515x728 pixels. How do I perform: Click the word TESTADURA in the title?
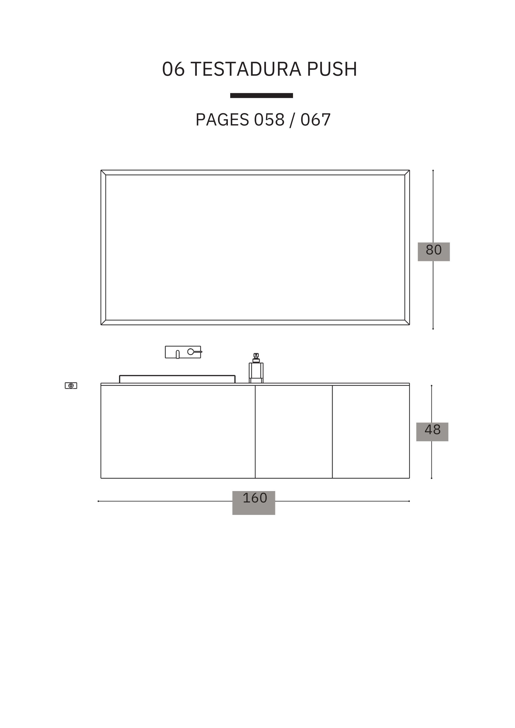tap(246, 69)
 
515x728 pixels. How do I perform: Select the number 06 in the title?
tap(173, 69)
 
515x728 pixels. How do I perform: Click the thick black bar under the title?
tap(261, 96)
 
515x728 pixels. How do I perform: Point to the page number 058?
tap(269, 120)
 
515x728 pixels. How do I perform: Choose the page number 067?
tap(316, 120)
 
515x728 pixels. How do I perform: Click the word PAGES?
tap(222, 120)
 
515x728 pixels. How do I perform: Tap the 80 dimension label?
tap(434, 250)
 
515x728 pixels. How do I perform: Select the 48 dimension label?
tap(433, 430)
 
